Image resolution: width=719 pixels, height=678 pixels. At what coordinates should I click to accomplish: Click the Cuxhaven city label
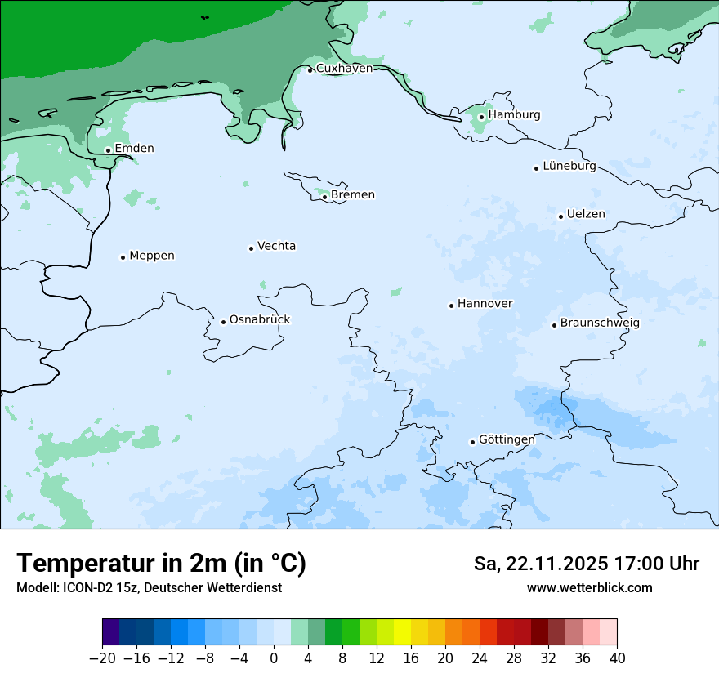coord(344,69)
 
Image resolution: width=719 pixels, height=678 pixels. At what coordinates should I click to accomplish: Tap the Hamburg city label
coord(514,115)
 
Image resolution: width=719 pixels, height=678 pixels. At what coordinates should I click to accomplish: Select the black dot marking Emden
coord(108,150)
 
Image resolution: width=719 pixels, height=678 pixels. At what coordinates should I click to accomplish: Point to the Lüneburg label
coord(569,167)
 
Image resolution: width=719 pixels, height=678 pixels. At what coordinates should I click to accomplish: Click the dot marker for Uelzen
coord(561,216)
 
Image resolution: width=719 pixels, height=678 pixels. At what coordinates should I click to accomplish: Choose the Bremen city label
coord(352,195)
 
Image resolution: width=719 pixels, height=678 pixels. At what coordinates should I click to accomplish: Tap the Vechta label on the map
coord(276,247)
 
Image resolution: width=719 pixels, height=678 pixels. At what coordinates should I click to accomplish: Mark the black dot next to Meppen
coord(123,257)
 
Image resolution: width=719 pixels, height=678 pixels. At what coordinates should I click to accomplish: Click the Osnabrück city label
coord(259,320)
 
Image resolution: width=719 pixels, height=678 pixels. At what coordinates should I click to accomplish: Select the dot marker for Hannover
coord(451,306)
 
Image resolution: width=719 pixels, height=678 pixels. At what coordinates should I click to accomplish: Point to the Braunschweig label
coord(599,323)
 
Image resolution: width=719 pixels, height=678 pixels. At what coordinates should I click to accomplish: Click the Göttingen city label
coord(507,440)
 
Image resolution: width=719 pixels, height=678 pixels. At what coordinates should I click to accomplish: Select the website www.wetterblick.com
coord(589,588)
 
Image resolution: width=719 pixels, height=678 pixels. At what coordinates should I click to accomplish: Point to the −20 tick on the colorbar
coord(102,658)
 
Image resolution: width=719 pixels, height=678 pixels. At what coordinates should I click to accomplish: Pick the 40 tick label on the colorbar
coord(617,658)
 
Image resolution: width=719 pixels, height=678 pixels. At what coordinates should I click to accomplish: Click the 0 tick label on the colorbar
coord(274,658)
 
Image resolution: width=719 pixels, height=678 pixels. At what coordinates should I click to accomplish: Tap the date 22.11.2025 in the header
coord(554,564)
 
